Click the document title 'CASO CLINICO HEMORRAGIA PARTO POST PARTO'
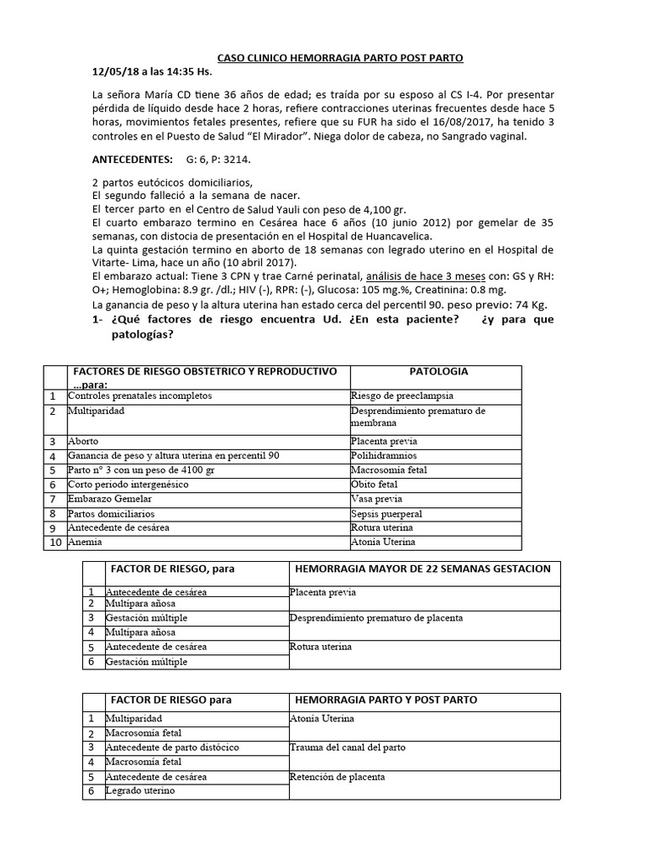[340, 57]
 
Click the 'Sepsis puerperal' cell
[386, 513]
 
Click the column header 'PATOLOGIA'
[438, 371]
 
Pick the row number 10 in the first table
[53, 543]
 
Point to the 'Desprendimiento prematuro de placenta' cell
[375, 618]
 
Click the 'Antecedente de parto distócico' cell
[171, 747]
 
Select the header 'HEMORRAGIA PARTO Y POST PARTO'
[386, 699]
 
